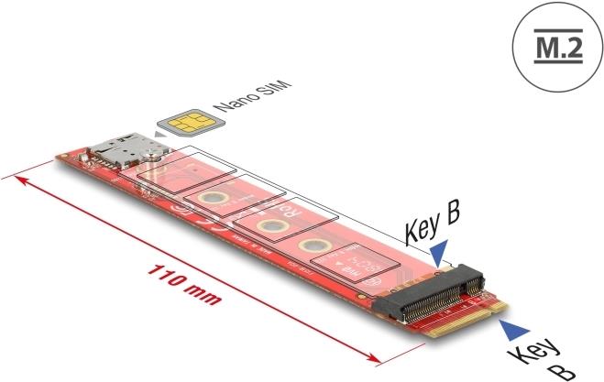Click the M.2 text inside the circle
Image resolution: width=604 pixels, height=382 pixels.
(x=555, y=49)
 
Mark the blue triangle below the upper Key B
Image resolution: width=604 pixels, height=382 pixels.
(x=443, y=249)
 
